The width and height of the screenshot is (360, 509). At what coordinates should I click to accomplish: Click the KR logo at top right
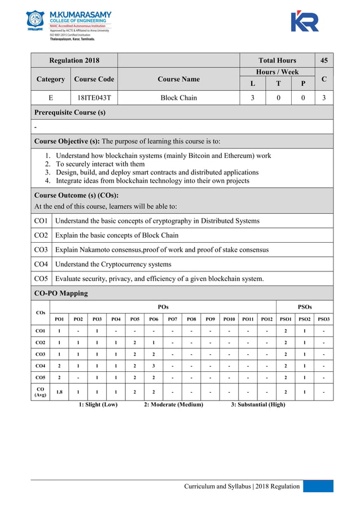pyautogui.click(x=305, y=21)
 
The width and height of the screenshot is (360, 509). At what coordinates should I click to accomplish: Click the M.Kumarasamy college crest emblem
pyautogui.click(x=35, y=21)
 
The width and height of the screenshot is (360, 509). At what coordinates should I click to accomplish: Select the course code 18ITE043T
pyautogui.click(x=94, y=98)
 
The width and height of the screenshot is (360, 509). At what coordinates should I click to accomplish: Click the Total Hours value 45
pyautogui.click(x=323, y=60)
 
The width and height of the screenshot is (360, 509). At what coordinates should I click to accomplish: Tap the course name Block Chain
pyautogui.click(x=178, y=98)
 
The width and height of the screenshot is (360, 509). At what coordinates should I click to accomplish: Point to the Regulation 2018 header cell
pyautogui.click(x=74, y=60)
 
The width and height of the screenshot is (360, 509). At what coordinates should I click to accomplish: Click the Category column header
pyautogui.click(x=50, y=79)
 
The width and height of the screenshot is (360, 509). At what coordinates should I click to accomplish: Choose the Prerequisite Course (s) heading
pyautogui.click(x=70, y=112)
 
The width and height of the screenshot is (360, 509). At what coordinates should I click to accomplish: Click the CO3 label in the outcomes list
pyautogui.click(x=41, y=249)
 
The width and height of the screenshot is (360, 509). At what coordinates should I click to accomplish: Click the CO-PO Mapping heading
pyautogui.click(x=61, y=293)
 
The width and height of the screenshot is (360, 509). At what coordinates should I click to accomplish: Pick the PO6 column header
pyautogui.click(x=153, y=319)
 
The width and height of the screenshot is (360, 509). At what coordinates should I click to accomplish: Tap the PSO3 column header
pyautogui.click(x=323, y=319)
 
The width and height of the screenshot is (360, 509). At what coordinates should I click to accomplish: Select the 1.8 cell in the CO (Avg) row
pyautogui.click(x=59, y=391)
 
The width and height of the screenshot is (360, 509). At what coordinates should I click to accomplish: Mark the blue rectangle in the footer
pyautogui.click(x=318, y=486)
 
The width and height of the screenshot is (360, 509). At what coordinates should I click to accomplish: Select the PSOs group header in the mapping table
pyautogui.click(x=305, y=306)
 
